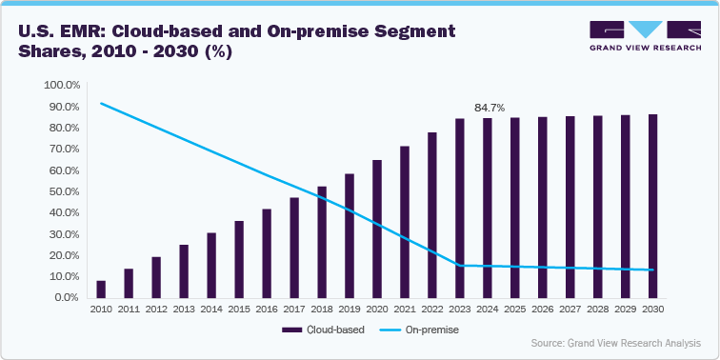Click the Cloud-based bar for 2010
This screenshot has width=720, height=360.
point(101,289)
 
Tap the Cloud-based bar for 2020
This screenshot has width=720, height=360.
point(377,229)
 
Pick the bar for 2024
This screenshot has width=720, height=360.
point(488,208)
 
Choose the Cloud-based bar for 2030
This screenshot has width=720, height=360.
point(652,206)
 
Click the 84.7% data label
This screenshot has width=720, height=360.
point(488,108)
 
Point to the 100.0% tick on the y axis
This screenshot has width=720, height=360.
point(62,86)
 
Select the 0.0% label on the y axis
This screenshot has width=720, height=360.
point(68,297)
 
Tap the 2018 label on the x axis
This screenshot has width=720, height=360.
point(322,310)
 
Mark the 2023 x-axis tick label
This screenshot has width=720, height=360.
point(460,310)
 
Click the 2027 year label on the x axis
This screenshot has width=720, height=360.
point(570,310)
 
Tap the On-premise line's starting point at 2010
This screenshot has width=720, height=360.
point(101,103)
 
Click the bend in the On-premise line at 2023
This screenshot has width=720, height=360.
point(460,265)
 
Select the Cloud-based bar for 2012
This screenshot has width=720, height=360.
point(156,277)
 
